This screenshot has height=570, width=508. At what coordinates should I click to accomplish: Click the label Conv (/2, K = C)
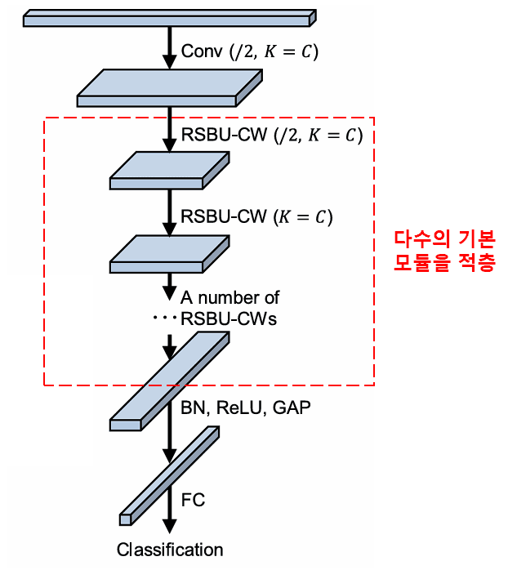249,51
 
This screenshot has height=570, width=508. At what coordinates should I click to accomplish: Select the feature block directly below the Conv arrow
170,87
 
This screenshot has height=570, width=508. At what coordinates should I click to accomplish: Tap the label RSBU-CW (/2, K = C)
271,135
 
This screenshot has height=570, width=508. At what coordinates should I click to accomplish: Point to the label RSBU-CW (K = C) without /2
257,217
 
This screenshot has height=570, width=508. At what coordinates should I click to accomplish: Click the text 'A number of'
230,298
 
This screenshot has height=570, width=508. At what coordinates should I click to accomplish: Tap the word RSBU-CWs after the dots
228,318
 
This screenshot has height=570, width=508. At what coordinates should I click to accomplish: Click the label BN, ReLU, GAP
246,407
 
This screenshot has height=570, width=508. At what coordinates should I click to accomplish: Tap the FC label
192,499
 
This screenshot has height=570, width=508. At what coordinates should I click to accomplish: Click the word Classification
170,550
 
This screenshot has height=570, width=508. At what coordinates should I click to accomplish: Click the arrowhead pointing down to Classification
170,528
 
